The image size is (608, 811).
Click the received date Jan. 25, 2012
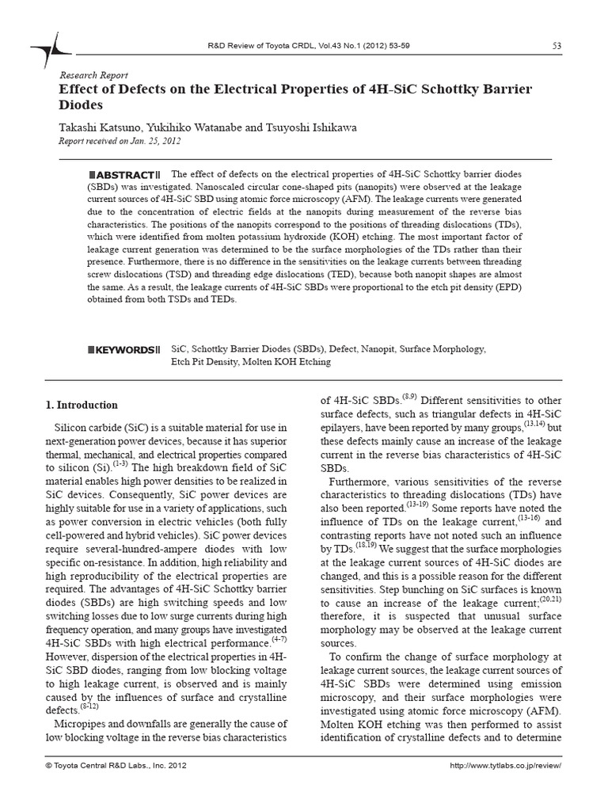158,141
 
